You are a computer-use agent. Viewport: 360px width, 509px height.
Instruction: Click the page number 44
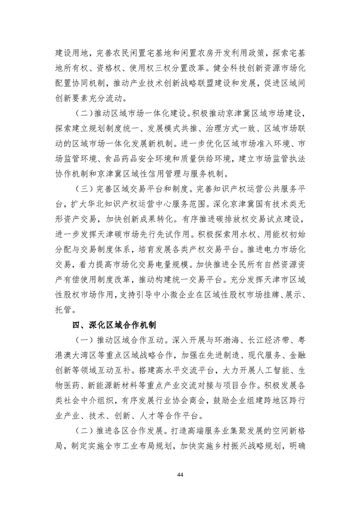point(180,474)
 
